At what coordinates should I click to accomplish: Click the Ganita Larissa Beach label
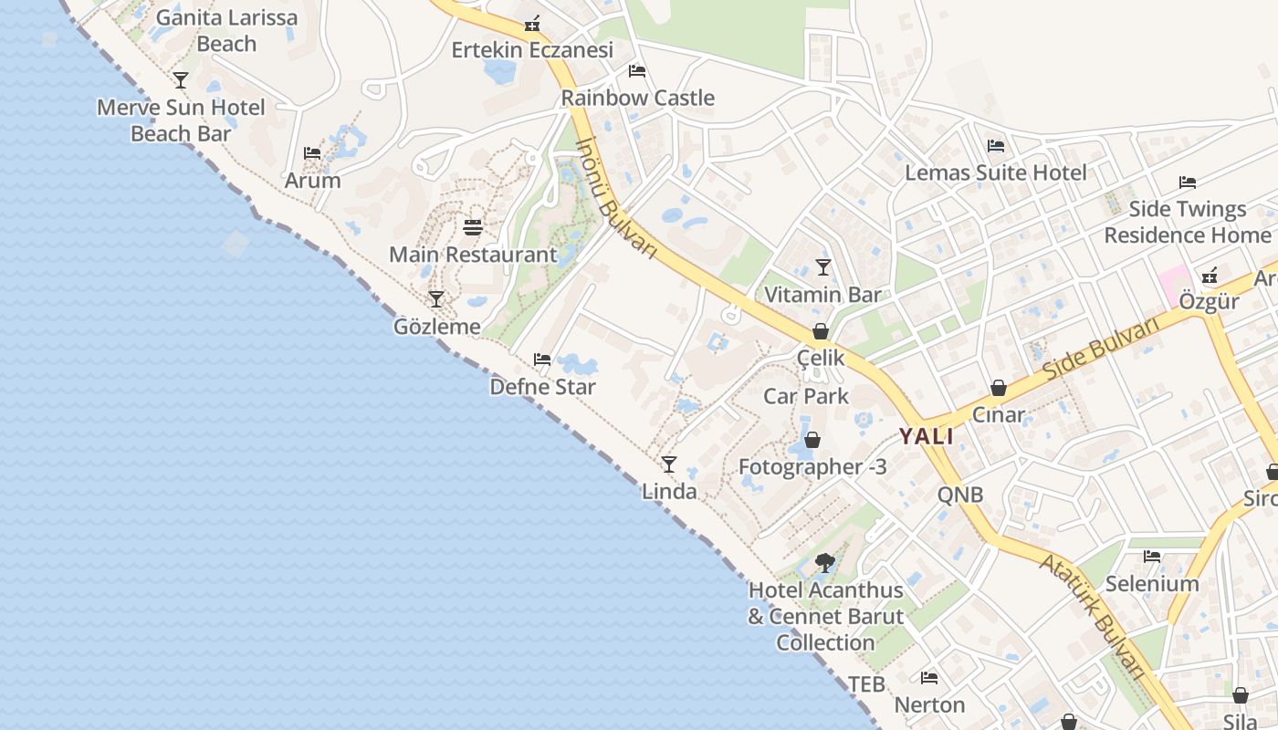tap(226, 30)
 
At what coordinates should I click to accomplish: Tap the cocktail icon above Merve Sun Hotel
tap(181, 80)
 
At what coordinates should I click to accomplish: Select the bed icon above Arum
tap(312, 152)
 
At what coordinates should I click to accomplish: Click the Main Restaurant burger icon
tap(473, 227)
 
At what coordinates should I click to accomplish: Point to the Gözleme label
tap(436, 326)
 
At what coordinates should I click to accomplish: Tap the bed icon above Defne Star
tap(542, 360)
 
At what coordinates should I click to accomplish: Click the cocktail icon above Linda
tap(669, 464)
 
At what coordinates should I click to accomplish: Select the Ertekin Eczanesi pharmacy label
tap(532, 50)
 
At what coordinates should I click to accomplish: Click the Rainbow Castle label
tap(637, 98)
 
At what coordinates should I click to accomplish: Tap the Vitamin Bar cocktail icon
tap(823, 267)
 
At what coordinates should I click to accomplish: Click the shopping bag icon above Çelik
tap(821, 331)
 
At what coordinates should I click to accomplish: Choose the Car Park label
tap(806, 396)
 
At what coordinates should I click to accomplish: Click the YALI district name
tap(926, 436)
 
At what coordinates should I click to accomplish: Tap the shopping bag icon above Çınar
tap(999, 388)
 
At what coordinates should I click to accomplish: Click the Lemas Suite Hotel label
tap(995, 172)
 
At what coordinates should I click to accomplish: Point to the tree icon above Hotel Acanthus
tap(825, 563)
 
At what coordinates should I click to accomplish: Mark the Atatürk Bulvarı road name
tap(1093, 616)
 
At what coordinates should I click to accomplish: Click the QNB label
tap(960, 495)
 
